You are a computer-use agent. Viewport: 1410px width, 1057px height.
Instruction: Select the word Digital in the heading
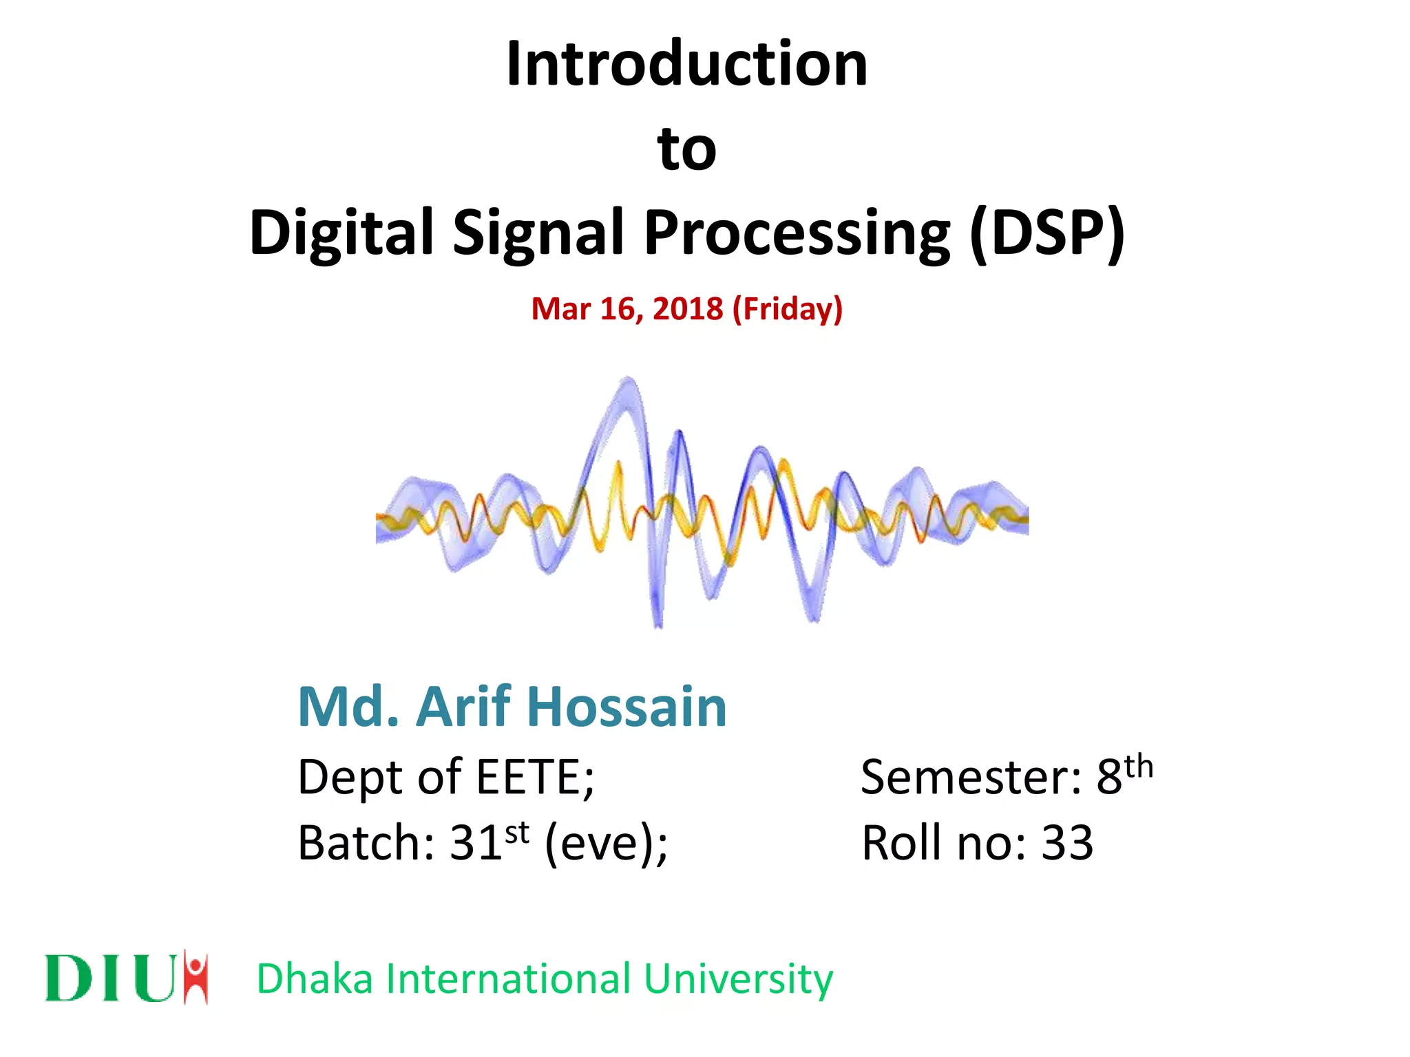[x=341, y=233]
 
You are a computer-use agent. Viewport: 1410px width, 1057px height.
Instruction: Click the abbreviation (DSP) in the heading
[x=1046, y=233]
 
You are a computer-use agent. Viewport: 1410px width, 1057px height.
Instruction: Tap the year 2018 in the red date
[x=687, y=309]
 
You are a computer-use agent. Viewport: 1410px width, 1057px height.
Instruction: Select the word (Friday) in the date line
[x=788, y=309]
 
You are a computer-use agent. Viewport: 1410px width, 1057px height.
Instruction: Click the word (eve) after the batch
[x=602, y=842]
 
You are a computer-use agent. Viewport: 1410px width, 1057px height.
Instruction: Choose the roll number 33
[x=1066, y=842]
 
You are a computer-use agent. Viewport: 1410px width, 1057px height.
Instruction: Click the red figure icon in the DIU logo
[x=197, y=976]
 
